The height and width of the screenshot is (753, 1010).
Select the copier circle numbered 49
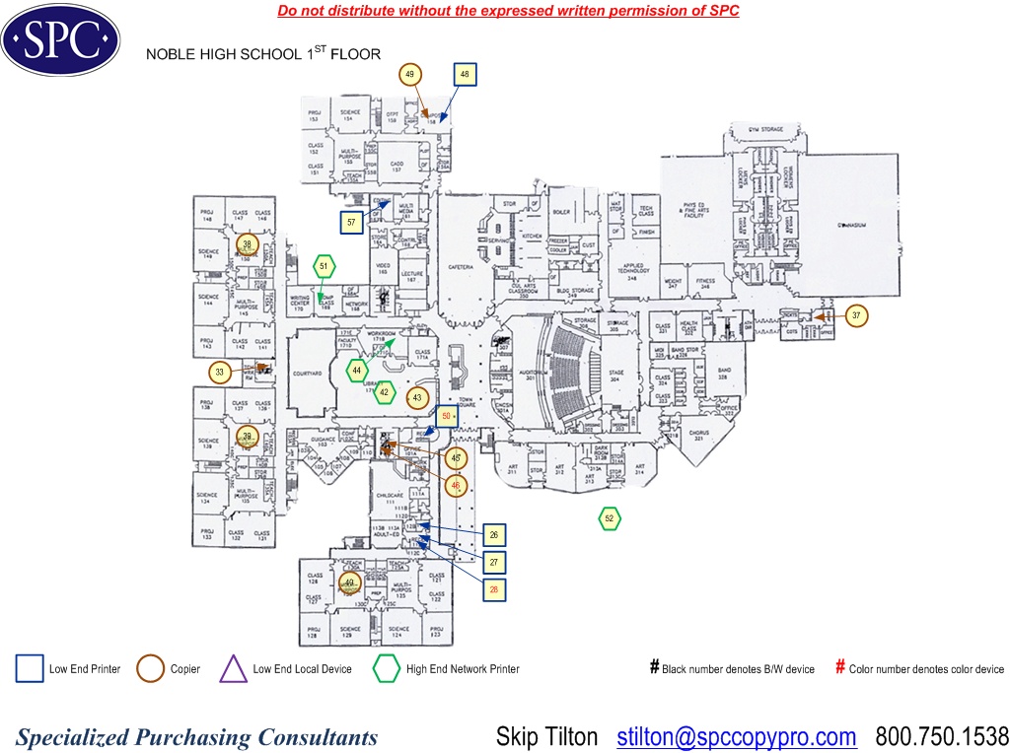point(411,75)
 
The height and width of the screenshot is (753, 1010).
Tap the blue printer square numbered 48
point(465,75)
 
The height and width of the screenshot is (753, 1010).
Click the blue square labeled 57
point(351,223)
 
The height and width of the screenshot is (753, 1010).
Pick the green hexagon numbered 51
point(324,266)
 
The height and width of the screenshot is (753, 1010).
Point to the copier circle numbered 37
point(857,316)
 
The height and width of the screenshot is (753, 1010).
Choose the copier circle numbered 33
point(220,373)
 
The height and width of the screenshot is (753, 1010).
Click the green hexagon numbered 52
point(610,518)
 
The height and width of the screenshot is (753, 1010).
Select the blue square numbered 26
point(494,535)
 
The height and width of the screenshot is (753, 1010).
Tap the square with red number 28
point(494,589)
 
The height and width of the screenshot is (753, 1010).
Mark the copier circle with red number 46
point(455,486)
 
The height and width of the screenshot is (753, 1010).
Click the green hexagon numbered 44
point(357,371)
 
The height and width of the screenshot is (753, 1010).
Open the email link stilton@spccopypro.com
point(737,737)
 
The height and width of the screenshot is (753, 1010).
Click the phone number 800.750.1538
point(942,737)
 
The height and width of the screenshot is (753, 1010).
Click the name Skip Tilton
point(546,737)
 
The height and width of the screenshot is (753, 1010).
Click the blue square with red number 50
point(447,416)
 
